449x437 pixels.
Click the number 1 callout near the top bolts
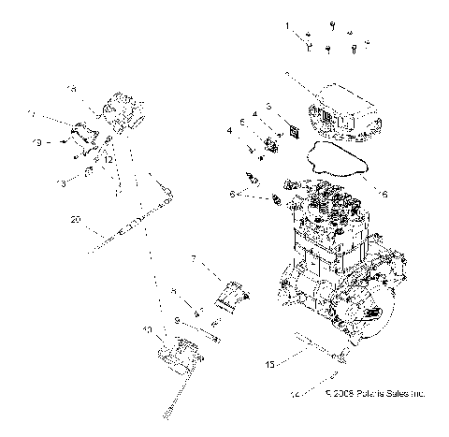288,26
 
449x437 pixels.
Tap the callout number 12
109,159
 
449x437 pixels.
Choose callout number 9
176,320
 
